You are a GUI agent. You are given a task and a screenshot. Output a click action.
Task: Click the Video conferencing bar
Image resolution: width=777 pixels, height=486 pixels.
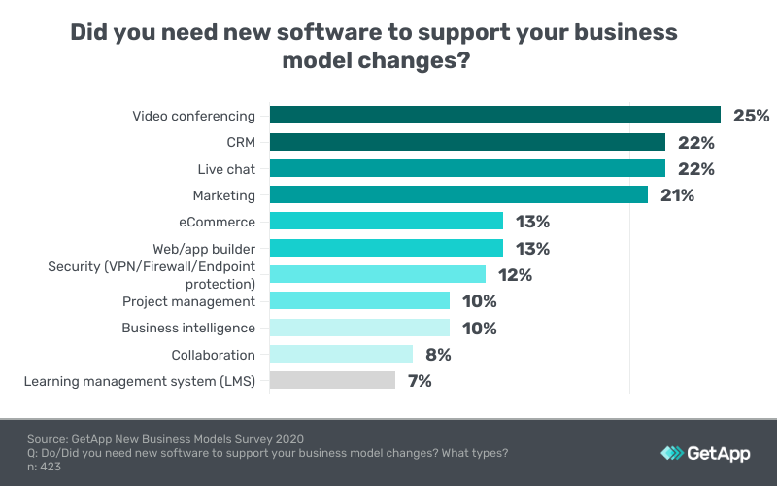pyautogui.click(x=494, y=116)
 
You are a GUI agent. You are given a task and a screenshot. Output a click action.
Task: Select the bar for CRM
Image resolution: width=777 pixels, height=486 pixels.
pyautogui.click(x=467, y=142)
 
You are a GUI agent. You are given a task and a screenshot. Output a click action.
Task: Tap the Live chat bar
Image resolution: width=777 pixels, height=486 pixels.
pyautogui.click(x=467, y=169)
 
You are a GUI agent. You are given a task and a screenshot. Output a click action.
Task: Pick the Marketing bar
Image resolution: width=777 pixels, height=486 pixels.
pyautogui.click(x=458, y=195)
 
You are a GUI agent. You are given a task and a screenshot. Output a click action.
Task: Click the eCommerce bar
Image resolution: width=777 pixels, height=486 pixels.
pyautogui.click(x=387, y=222)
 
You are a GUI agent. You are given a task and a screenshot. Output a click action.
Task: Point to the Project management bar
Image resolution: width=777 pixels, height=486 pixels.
pyautogui.click(x=359, y=301)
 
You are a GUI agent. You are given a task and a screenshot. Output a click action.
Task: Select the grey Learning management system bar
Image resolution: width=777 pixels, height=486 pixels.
pyautogui.click(x=332, y=380)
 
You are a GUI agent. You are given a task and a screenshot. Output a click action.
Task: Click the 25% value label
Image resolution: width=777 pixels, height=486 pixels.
pyautogui.click(x=751, y=116)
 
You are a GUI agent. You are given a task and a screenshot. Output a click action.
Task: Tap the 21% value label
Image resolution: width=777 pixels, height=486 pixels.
pyautogui.click(x=677, y=195)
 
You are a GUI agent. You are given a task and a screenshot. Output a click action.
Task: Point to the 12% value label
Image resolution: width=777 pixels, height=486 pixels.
pyautogui.click(x=516, y=275)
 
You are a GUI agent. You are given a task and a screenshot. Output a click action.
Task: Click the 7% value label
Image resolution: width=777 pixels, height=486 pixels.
pyautogui.click(x=420, y=380)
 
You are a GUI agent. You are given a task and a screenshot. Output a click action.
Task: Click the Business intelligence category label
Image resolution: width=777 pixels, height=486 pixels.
pyautogui.click(x=188, y=328)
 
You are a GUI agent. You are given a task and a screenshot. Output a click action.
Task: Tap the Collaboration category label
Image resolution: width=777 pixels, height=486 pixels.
pyautogui.click(x=213, y=355)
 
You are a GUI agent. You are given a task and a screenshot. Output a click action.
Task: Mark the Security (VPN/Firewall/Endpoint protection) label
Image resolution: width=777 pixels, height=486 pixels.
pyautogui.click(x=152, y=275)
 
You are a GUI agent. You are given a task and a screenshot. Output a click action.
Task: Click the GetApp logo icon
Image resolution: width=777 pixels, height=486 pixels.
pyautogui.click(x=672, y=453)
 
